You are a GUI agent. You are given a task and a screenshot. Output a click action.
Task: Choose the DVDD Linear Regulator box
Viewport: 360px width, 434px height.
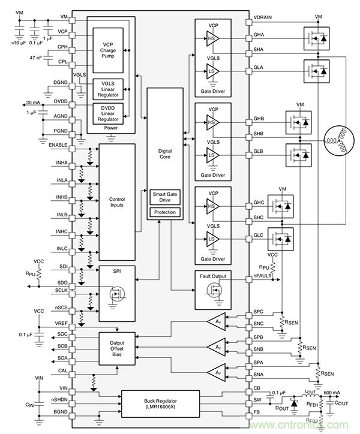tap(109, 114)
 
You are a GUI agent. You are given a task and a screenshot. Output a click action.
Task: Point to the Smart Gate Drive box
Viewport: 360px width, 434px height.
tap(164, 197)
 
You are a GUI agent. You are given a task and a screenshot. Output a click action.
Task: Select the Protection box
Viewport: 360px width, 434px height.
tap(164, 213)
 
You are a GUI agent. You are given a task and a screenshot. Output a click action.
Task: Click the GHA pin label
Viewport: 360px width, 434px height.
tap(260, 36)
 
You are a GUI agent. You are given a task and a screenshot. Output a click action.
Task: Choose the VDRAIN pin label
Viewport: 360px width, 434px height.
tap(264, 17)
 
